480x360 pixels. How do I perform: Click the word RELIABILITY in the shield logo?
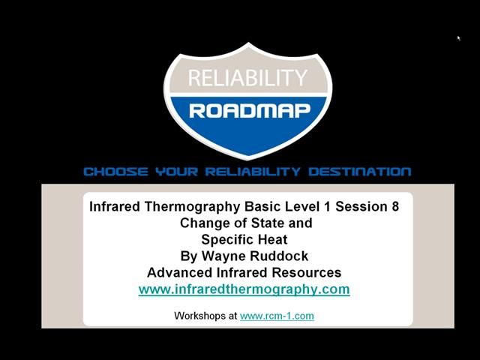pos(247,77)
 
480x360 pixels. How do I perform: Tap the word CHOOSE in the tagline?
pos(116,172)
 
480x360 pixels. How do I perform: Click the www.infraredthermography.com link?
pos(244,289)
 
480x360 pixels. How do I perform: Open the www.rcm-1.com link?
pos(277,316)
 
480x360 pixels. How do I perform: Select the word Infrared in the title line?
pos(115,206)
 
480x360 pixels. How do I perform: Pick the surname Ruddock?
pos(280,256)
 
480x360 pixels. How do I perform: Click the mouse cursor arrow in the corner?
pos(458,37)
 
